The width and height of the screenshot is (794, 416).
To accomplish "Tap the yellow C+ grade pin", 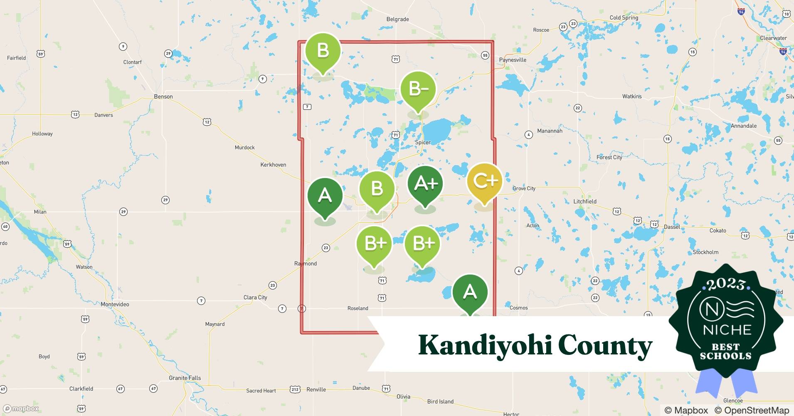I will pyautogui.click(x=485, y=181).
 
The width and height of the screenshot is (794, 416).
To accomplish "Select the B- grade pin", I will pyautogui.click(x=418, y=89).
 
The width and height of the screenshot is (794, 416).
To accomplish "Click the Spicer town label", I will pyautogui.click(x=423, y=142).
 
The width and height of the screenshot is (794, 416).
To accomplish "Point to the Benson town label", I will pyautogui.click(x=163, y=97).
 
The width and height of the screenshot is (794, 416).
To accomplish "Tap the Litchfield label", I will pyautogui.click(x=585, y=201).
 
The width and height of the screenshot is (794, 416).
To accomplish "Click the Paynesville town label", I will pyautogui.click(x=513, y=60).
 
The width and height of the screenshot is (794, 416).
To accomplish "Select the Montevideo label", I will pyautogui.click(x=115, y=305).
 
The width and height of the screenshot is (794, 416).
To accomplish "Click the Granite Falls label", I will pyautogui.click(x=185, y=378).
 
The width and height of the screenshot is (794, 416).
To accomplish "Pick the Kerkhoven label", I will pyautogui.click(x=273, y=165).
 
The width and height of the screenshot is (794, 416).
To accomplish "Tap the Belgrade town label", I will pyautogui.click(x=397, y=19).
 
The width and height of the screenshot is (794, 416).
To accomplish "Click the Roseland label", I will pyautogui.click(x=358, y=308).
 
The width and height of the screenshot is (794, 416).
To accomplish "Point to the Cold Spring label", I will pyautogui.click(x=624, y=17).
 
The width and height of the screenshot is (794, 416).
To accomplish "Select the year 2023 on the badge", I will pyautogui.click(x=726, y=285).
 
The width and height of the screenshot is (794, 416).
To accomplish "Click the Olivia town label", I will pyautogui.click(x=403, y=396).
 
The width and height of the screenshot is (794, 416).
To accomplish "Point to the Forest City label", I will pyautogui.click(x=609, y=157).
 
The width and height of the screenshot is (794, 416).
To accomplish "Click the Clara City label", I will pyautogui.click(x=255, y=297).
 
